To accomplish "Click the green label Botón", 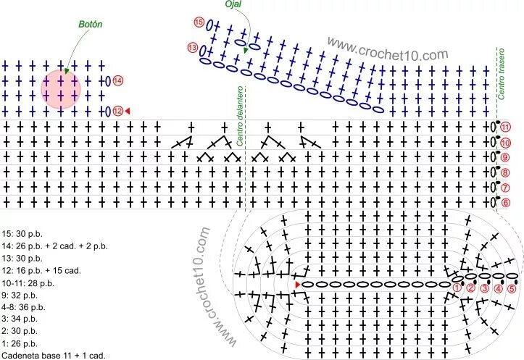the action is pyautogui.click(x=91, y=24).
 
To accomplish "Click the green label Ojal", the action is pyautogui.click(x=233, y=4).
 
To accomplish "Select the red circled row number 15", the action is pyautogui.click(x=199, y=22).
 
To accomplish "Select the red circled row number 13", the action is pyautogui.click(x=192, y=48).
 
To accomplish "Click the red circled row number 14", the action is pyautogui.click(x=117, y=80).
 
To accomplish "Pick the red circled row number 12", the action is pyautogui.click(x=117, y=111).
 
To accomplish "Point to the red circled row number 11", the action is pyautogui.click(x=505, y=127).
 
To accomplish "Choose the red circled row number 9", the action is pyautogui.click(x=505, y=157).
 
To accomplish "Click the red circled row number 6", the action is pyautogui.click(x=505, y=203).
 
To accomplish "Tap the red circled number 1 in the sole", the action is pyautogui.click(x=457, y=288).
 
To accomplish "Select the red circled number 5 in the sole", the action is pyautogui.click(x=512, y=288).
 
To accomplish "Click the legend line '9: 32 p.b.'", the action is pyautogui.click(x=24, y=295).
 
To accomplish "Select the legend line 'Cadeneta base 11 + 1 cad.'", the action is pyautogui.click(x=54, y=355).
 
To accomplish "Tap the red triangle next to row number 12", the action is pyautogui.click(x=128, y=111).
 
